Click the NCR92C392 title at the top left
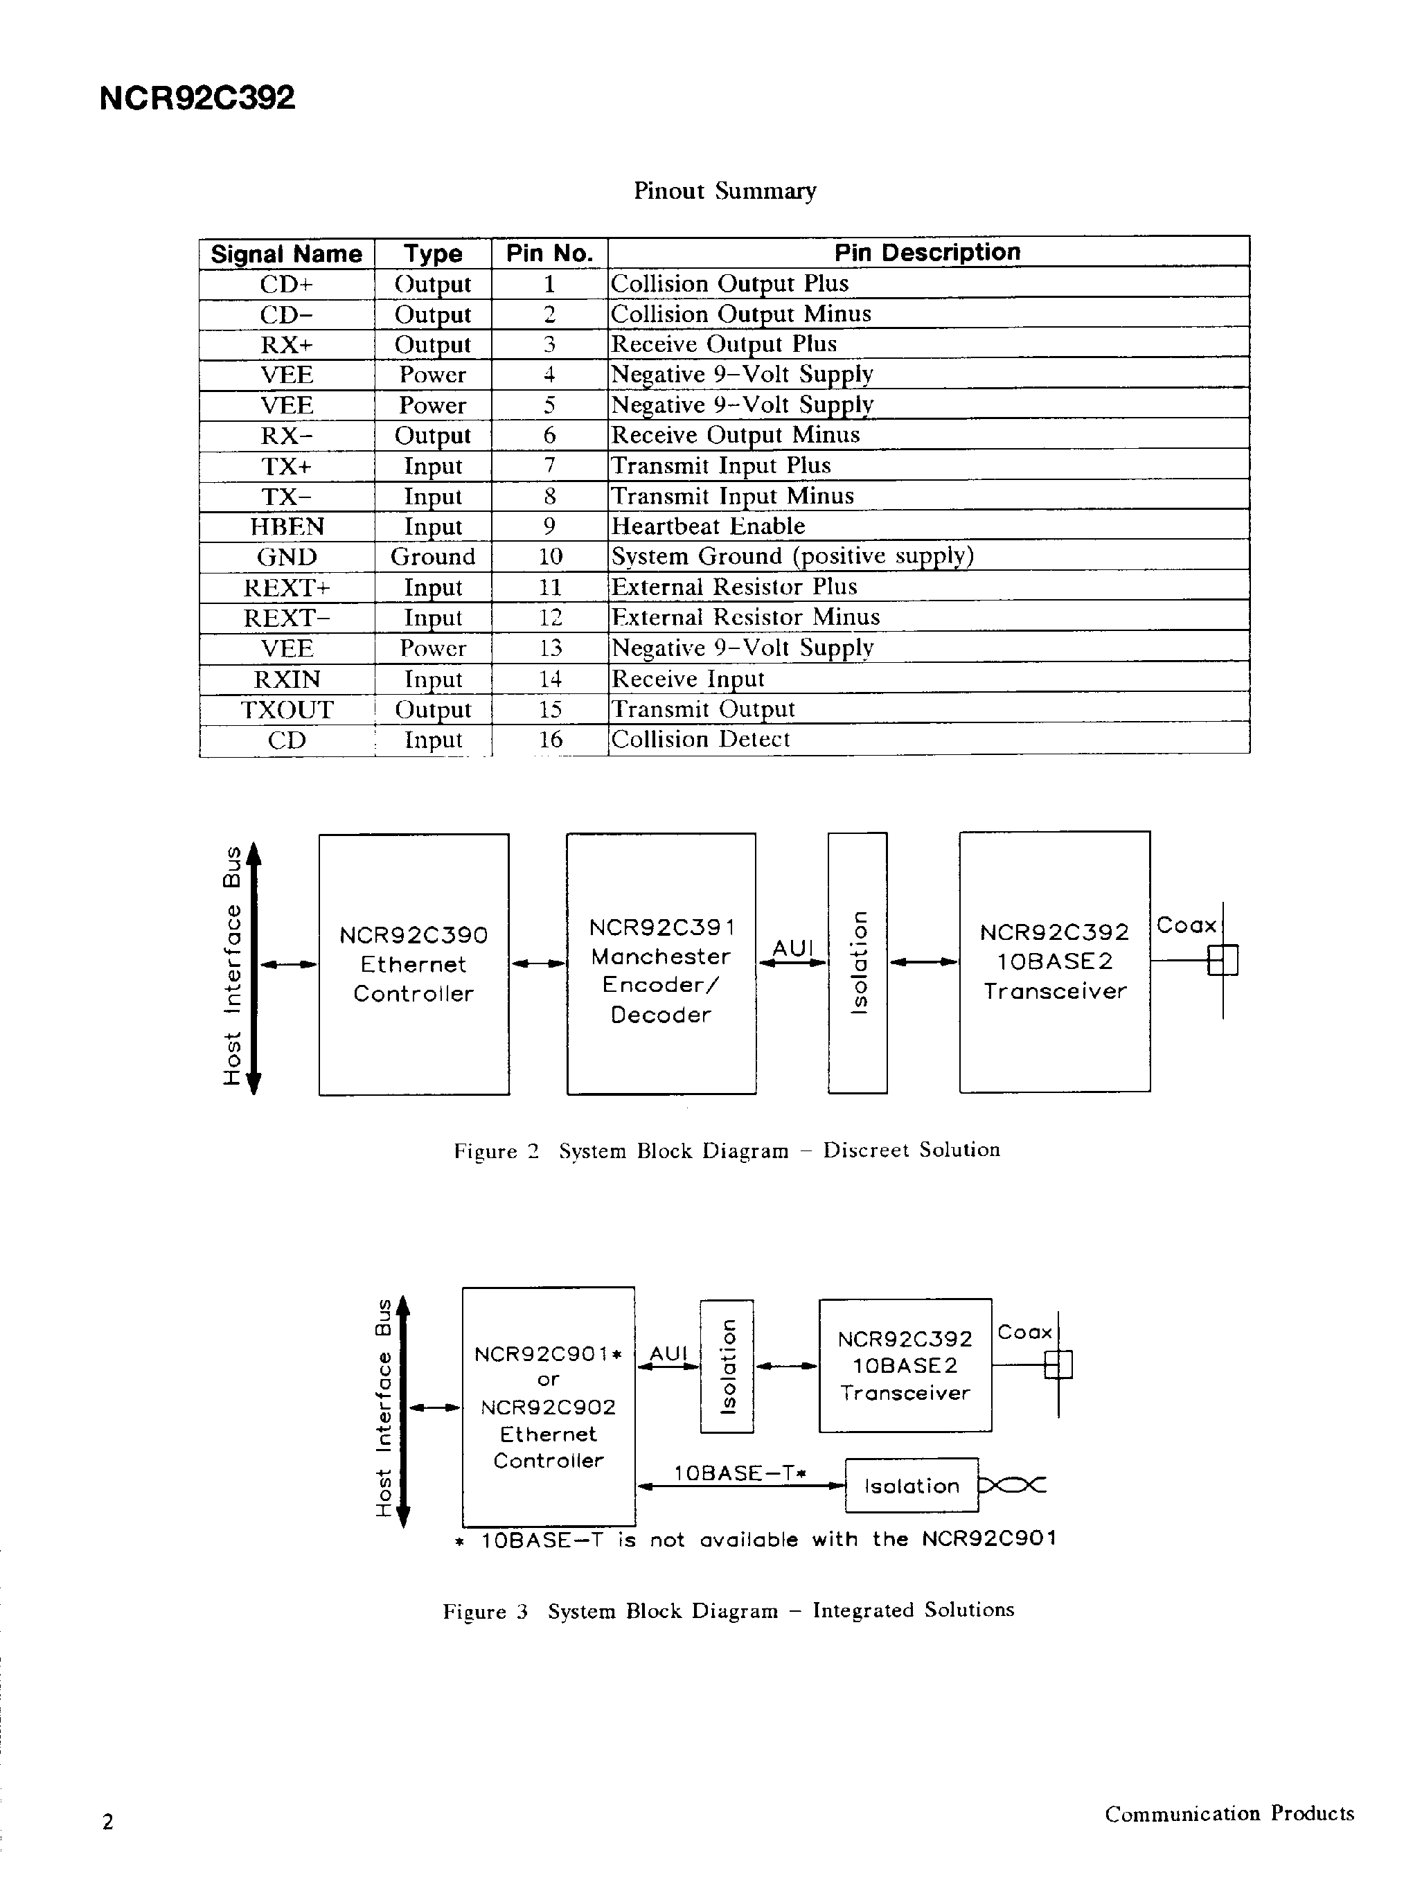point(197,98)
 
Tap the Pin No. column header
point(549,254)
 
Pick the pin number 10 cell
point(550,557)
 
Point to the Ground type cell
point(433,557)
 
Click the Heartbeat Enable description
point(708,526)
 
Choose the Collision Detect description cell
point(700,739)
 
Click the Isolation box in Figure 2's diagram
point(857,962)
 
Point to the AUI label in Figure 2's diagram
point(792,948)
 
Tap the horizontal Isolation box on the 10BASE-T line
point(911,1486)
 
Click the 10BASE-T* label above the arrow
point(739,1473)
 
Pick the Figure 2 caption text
point(727,1150)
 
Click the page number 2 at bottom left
point(107,1822)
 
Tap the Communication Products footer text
point(1229,1813)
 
